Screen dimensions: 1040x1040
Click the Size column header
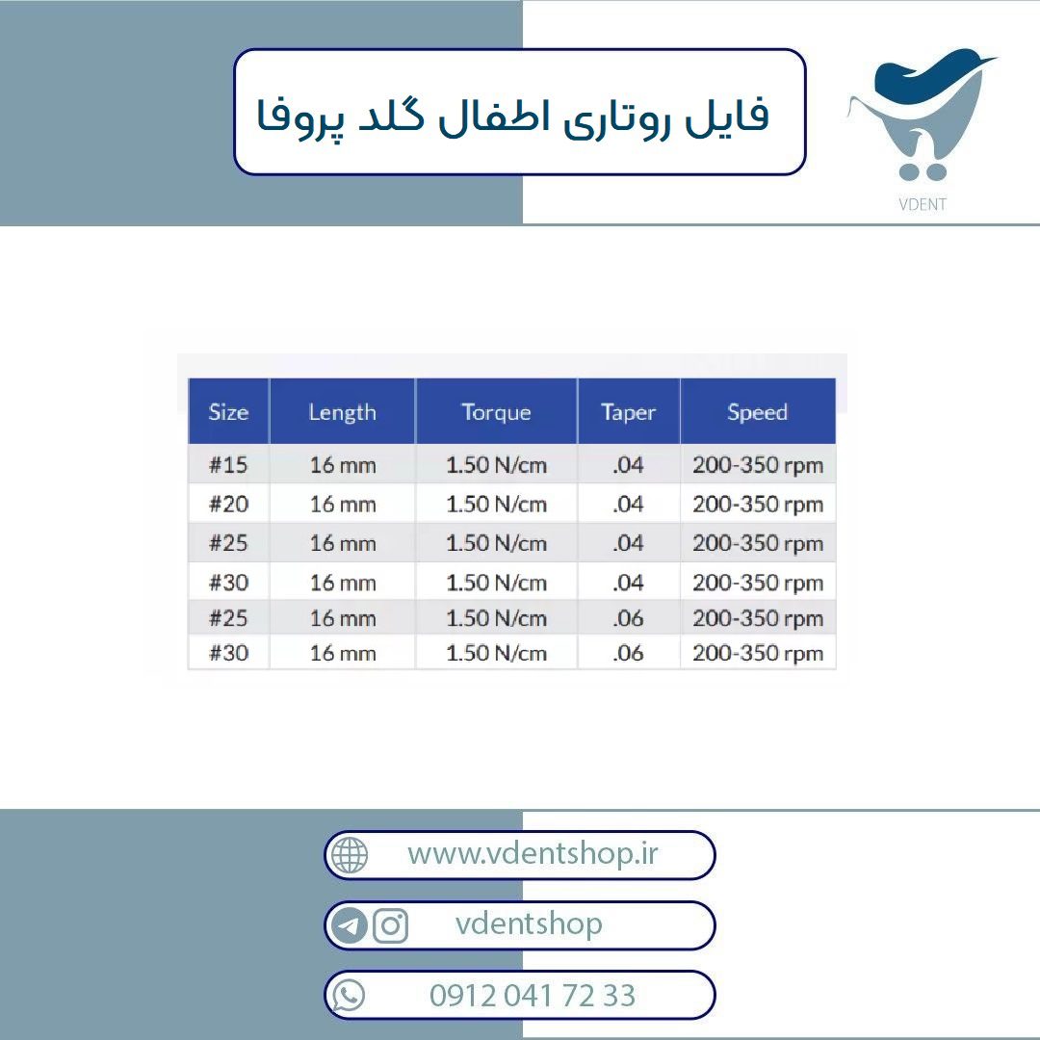tap(229, 412)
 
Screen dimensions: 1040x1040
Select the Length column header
tap(342, 412)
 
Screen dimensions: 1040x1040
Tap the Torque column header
tap(496, 412)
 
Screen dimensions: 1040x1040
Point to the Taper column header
tap(628, 412)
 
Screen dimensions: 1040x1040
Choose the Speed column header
tap(758, 412)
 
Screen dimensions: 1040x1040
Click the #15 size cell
tap(229, 464)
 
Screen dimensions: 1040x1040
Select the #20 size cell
tap(229, 504)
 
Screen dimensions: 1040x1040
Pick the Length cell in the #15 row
tap(343, 465)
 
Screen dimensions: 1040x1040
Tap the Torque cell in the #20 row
tap(496, 504)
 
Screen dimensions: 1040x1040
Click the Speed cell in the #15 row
tap(758, 465)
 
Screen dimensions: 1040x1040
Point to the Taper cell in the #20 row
tap(628, 504)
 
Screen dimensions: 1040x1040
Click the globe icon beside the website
tap(350, 854)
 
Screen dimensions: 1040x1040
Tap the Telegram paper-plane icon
tap(349, 925)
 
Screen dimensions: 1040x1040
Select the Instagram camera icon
tap(391, 925)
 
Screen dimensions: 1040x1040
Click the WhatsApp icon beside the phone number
tap(349, 995)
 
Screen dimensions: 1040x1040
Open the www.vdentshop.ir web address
tap(533, 853)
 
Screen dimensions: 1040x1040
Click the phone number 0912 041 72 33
tap(533, 996)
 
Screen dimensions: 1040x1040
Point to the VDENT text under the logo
tap(923, 204)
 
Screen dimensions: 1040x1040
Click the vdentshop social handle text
tap(529, 923)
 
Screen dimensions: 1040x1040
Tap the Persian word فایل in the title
tap(728, 117)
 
